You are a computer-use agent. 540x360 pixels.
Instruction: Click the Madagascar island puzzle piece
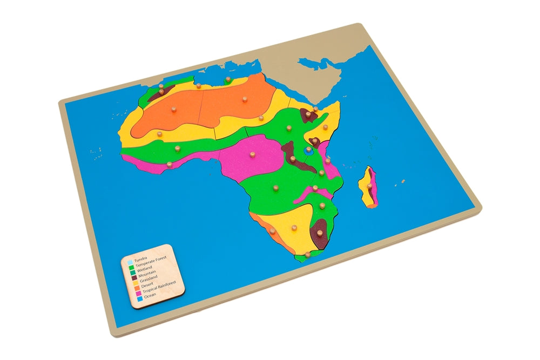point(369,187)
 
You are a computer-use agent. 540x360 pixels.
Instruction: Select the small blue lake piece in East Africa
point(308,152)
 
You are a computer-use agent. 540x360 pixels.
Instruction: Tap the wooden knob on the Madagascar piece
point(370,185)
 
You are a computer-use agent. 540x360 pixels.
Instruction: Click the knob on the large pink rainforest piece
point(252,153)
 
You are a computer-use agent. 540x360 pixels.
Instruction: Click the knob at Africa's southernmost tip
point(307,253)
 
